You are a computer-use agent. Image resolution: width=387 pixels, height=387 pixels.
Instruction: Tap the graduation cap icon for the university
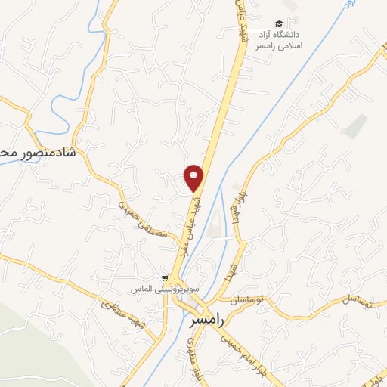[279, 24]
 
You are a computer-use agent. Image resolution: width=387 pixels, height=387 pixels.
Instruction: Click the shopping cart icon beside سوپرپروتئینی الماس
[165, 277]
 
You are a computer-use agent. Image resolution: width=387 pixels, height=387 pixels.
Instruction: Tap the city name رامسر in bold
[203, 320]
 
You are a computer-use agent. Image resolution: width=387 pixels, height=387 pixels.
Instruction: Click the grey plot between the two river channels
[213, 222]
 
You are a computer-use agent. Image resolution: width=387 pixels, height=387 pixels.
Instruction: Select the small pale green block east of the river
[354, 125]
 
